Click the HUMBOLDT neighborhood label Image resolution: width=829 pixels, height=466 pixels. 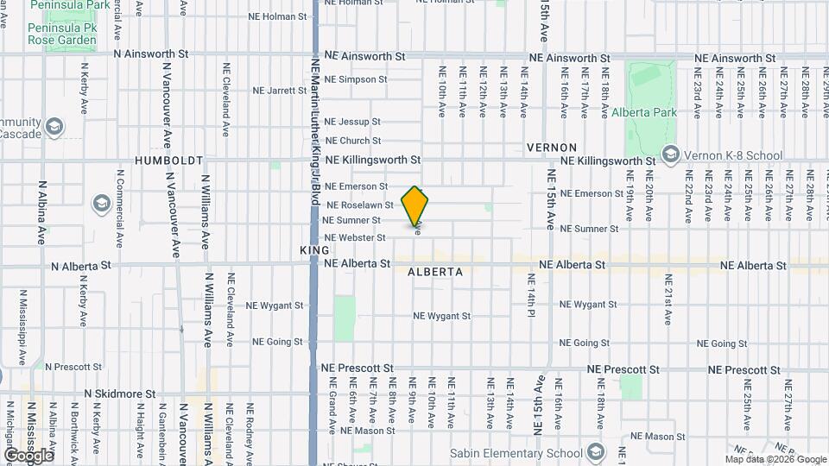click(169, 161)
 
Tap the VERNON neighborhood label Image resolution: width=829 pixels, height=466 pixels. click(551, 148)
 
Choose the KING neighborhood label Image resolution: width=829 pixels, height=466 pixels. click(314, 249)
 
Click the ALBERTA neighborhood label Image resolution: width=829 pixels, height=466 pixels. click(435, 272)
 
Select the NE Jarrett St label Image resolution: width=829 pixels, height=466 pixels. click(280, 90)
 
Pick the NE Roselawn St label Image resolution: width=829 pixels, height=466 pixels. click(360, 205)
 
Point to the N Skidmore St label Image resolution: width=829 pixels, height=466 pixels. click(120, 394)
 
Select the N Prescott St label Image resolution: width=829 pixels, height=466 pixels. click(73, 367)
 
